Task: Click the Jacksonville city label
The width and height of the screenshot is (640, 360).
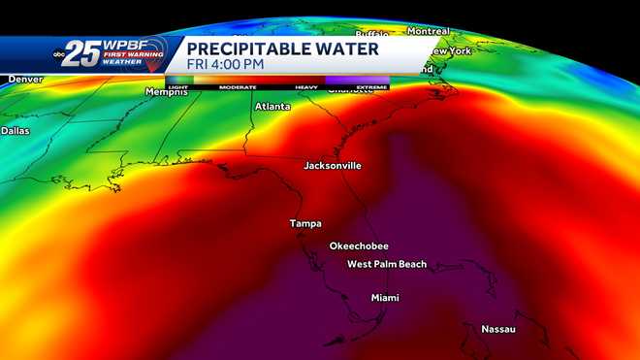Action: [x=333, y=166]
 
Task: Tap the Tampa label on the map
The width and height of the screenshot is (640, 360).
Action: [x=305, y=224]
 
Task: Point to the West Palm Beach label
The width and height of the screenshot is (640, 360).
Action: [x=387, y=265]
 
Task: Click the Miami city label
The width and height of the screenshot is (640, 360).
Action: [x=385, y=298]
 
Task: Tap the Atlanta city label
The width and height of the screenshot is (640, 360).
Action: [x=272, y=107]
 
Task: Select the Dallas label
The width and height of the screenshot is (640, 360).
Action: [x=16, y=130]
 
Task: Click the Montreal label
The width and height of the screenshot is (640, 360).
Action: [x=428, y=31]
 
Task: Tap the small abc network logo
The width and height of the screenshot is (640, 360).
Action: [x=59, y=51]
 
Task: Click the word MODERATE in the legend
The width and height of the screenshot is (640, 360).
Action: [x=238, y=87]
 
